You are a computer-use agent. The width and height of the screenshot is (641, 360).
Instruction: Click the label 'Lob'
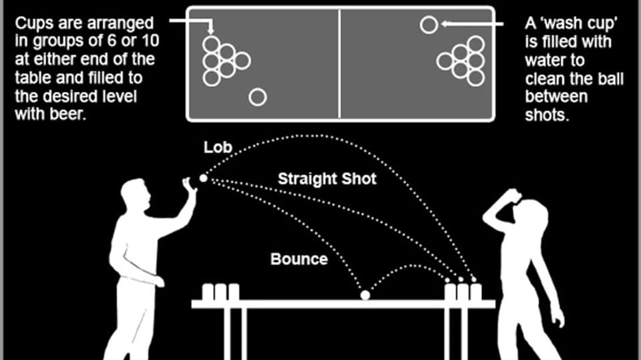coord(217,148)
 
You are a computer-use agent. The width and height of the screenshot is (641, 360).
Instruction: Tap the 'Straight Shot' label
coord(327,179)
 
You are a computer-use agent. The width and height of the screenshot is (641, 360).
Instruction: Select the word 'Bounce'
coord(299,259)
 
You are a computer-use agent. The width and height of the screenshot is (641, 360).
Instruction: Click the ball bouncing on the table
coord(365,295)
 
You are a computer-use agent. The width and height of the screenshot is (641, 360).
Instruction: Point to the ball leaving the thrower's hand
coord(204,178)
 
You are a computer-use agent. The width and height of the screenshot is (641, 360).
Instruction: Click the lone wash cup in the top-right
coord(429,25)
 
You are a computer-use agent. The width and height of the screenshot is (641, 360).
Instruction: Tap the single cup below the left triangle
coord(258,98)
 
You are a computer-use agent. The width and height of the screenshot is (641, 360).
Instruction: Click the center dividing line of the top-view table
coord(341,63)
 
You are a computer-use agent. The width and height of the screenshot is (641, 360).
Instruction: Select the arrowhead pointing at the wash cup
coord(445,25)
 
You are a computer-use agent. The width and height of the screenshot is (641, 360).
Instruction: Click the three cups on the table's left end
coord(220,292)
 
